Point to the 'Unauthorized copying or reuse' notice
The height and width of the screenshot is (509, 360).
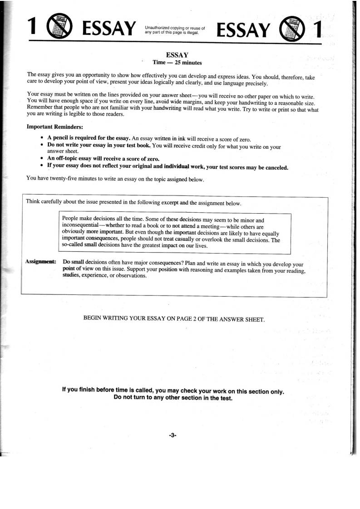click(175, 30)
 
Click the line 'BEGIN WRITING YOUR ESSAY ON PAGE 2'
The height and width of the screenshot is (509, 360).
click(174, 319)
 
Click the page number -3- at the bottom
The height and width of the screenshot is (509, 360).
click(172, 435)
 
